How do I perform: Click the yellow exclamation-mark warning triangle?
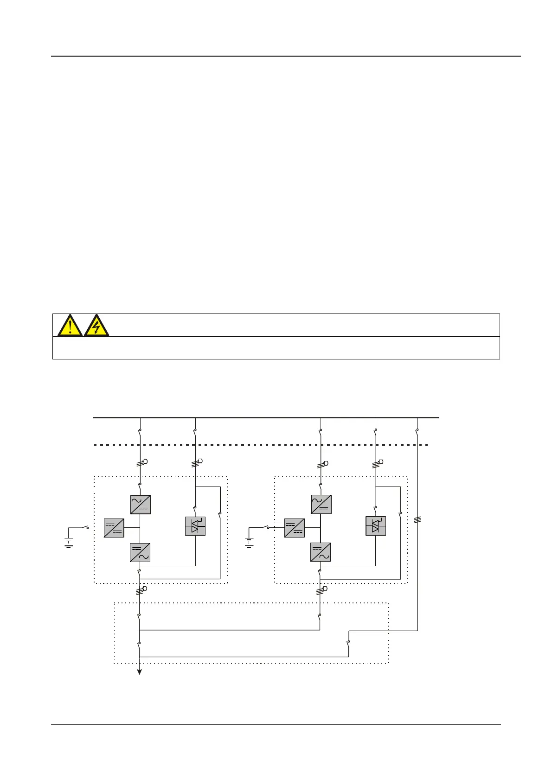(70, 326)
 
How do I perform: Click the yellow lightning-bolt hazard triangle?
(96, 326)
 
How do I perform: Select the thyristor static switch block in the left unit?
(195, 526)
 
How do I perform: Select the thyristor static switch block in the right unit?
(376, 526)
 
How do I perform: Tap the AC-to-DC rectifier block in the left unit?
(141, 505)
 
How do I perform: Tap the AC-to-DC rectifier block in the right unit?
(321, 505)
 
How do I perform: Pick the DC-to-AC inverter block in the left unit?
(141, 552)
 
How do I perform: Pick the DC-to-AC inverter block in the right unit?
(321, 552)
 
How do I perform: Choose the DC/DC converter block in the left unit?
(114, 528)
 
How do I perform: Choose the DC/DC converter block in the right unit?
(295, 528)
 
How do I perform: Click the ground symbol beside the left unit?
(69, 542)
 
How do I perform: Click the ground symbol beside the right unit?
(249, 542)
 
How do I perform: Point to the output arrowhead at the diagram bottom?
(139, 672)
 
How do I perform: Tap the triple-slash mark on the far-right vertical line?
(417, 520)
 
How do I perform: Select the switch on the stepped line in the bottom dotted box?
(348, 644)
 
